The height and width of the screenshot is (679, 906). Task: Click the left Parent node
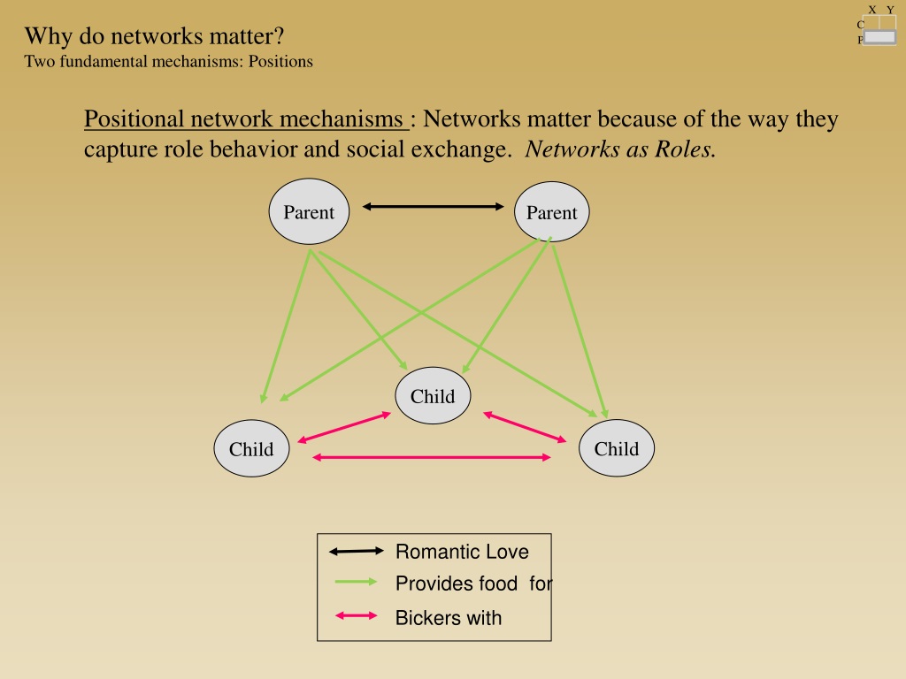tap(309, 211)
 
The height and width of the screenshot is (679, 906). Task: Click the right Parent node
tap(552, 212)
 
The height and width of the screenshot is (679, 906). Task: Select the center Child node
tap(433, 395)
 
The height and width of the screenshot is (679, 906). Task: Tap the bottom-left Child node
tap(251, 448)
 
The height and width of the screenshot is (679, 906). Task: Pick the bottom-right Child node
tap(617, 448)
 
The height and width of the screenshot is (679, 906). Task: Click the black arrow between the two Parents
tap(434, 206)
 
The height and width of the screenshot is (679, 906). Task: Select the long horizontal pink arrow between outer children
tap(432, 457)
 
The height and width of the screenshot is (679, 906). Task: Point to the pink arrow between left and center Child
tap(344, 427)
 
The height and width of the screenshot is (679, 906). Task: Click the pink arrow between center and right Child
tap(525, 427)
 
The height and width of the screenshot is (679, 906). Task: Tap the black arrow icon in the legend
tap(356, 552)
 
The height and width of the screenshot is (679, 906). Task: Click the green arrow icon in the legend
tap(356, 582)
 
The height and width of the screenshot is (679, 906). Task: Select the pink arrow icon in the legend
tap(356, 615)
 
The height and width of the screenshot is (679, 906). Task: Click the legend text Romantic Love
tap(462, 552)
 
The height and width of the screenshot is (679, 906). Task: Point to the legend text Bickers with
tap(449, 618)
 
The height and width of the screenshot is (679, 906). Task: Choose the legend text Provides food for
tap(474, 584)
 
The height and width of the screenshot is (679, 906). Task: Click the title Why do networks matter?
tap(154, 35)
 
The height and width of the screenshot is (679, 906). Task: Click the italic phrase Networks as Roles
tap(620, 149)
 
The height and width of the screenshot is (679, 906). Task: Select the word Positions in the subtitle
tap(280, 61)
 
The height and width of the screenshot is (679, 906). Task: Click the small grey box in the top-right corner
tap(880, 37)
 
